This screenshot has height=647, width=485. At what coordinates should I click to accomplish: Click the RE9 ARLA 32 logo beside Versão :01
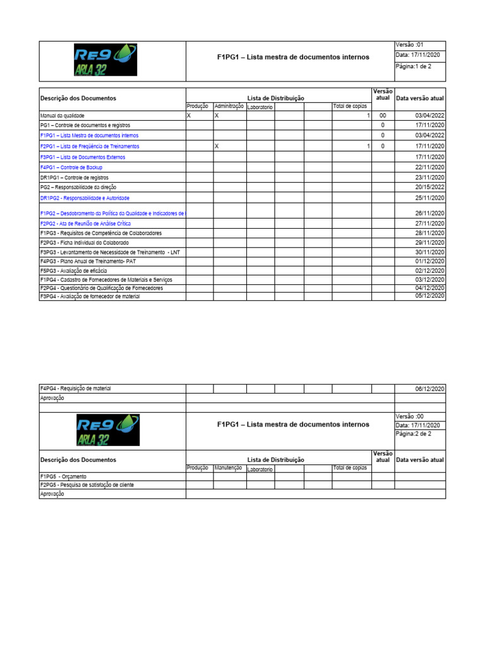pos(113,61)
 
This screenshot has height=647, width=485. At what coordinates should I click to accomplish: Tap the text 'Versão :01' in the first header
pos(410,45)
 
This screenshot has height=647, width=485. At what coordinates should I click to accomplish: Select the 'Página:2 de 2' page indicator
pos(414,435)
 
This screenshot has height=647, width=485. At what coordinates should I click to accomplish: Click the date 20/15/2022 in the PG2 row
pos(429,187)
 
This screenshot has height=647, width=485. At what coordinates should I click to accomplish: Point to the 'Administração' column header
pos(229,107)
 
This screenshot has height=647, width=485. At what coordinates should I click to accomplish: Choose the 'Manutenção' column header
pos(229,468)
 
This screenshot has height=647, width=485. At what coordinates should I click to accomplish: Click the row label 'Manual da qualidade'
pos(62,116)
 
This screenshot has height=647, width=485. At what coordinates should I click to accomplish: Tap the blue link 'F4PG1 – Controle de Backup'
pos(71,167)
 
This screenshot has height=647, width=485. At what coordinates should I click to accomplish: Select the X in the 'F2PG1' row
pos(217,146)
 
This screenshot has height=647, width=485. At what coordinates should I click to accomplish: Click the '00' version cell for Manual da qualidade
pos(382,116)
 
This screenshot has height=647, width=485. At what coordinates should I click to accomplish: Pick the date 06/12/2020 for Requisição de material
pos(429,389)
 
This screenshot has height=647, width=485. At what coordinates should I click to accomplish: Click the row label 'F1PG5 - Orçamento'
pos(63,476)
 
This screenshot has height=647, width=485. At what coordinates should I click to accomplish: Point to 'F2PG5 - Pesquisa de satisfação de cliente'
pos(87,485)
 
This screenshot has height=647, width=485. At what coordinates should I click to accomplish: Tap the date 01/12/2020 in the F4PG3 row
pos(429,261)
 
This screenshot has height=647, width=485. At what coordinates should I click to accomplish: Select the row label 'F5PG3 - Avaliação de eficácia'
pos(73,270)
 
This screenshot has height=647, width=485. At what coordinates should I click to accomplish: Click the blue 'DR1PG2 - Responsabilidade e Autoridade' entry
pos(85,198)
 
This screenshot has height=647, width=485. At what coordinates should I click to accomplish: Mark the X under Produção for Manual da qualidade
pos(189,116)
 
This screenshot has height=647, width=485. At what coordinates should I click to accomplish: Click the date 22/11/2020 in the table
pos(429,167)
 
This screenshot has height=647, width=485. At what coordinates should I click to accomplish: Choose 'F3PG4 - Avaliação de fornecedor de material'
pos(90,296)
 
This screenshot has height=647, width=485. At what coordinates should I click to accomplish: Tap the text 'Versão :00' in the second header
pos(410,416)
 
